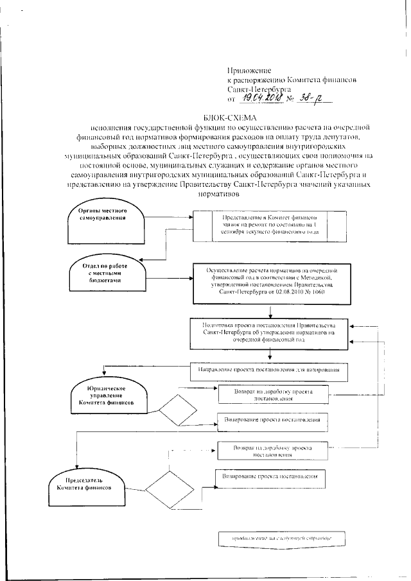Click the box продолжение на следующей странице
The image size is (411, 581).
281,536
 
